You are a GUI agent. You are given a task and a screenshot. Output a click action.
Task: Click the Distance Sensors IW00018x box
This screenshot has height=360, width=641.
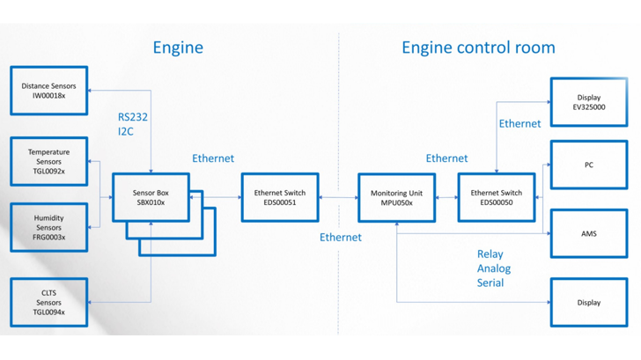click(x=49, y=91)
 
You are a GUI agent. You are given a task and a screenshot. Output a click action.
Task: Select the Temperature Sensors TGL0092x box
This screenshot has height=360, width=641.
click(x=49, y=161)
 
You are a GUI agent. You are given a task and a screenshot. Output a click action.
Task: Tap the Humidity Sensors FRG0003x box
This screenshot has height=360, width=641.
click(x=49, y=227)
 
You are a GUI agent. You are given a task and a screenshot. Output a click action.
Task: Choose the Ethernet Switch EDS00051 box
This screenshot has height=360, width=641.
click(x=280, y=197)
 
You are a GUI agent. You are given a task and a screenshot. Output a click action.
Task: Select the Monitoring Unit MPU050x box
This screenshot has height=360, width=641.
click(x=397, y=197)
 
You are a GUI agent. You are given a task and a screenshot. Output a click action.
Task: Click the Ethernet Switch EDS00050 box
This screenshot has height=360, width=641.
click(x=497, y=197)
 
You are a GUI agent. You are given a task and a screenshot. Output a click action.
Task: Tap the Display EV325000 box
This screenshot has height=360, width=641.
click(x=590, y=102)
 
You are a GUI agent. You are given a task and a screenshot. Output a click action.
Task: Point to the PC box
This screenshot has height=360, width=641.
click(x=590, y=165)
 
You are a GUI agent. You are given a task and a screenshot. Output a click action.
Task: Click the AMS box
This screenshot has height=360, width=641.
click(x=590, y=234)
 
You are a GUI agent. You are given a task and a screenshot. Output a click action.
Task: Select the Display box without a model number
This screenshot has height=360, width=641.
click(x=590, y=303)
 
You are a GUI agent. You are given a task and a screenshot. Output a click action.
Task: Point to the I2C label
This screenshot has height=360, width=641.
click(x=128, y=132)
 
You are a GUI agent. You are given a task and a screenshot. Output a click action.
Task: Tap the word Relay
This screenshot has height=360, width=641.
click(x=490, y=254)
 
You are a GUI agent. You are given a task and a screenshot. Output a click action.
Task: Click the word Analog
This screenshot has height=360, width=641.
click(x=494, y=268)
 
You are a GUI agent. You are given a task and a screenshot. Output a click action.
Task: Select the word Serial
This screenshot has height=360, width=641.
click(x=490, y=283)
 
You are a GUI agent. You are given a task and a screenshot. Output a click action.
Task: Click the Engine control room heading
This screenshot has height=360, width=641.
click(x=478, y=48)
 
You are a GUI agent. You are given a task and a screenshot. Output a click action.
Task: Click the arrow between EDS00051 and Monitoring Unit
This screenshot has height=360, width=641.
click(x=338, y=197)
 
